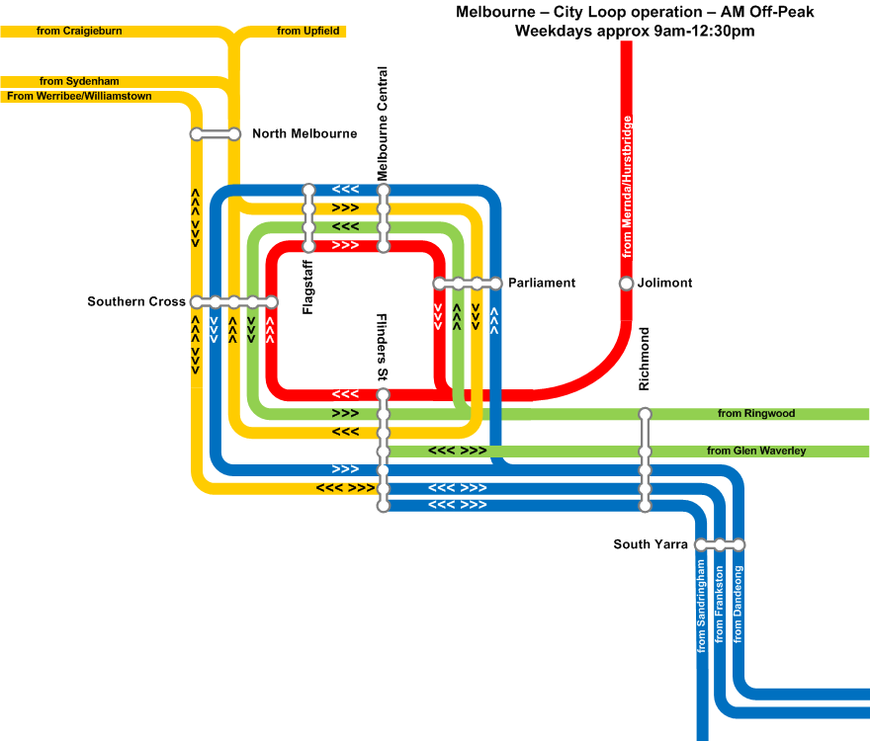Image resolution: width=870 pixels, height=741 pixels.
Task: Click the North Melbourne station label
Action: coord(304,133)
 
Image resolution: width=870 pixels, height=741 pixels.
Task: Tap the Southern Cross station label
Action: coord(136,301)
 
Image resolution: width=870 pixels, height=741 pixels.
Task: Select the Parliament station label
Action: coord(542,283)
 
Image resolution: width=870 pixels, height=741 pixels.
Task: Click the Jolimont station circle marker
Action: coord(626,284)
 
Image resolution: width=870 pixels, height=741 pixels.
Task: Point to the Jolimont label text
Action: coord(664,283)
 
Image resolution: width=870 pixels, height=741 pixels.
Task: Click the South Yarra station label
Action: coord(651,544)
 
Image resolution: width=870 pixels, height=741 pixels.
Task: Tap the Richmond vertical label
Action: coord(644,359)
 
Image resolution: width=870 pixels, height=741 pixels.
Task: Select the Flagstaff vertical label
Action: coord(307,288)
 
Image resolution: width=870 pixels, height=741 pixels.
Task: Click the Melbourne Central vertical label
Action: coord(383,123)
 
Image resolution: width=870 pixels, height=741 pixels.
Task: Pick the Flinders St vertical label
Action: coord(382,347)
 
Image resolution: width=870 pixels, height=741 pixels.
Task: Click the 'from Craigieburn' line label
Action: coord(79,31)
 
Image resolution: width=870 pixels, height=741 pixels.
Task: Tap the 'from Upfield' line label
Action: coord(307,31)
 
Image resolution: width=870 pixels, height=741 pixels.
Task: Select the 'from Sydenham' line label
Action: coord(79,82)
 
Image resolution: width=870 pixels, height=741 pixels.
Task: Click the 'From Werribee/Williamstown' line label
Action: coord(79,97)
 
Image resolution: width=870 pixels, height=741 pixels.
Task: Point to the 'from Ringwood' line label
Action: coord(756,413)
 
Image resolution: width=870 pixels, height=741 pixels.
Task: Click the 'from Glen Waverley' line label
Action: coord(756,451)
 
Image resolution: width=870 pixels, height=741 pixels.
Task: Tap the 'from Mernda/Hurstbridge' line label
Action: coord(627,187)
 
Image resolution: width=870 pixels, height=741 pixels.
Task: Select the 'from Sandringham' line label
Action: coord(701,606)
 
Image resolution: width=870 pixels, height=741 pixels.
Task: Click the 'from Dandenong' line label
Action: coord(738,605)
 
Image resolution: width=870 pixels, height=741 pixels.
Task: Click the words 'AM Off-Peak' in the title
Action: coord(767,12)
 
